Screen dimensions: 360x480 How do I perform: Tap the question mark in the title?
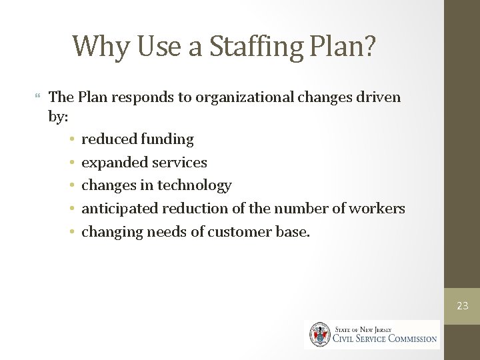point(368,45)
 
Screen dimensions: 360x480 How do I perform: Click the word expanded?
point(113,163)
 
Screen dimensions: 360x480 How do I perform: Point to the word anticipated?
point(119,209)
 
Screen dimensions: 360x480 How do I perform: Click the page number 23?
point(463,306)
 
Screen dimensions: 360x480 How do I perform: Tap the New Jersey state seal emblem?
point(319,335)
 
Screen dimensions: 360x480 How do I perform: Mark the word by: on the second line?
point(59,116)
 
